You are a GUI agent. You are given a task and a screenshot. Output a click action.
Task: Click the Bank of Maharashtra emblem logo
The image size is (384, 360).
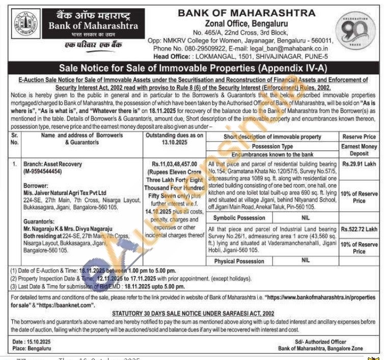click(x=25, y=25)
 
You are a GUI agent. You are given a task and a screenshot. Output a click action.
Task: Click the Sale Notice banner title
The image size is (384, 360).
click(x=193, y=68)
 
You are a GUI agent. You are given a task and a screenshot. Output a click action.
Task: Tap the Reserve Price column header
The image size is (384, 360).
click(x=359, y=137)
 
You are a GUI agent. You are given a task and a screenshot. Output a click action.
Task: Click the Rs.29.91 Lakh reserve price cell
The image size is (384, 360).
click(x=359, y=164)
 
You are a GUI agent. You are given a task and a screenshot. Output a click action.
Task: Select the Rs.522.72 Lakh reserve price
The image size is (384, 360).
click(x=360, y=229)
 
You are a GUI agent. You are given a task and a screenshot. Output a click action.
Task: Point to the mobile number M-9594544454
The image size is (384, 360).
click(x=49, y=172)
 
